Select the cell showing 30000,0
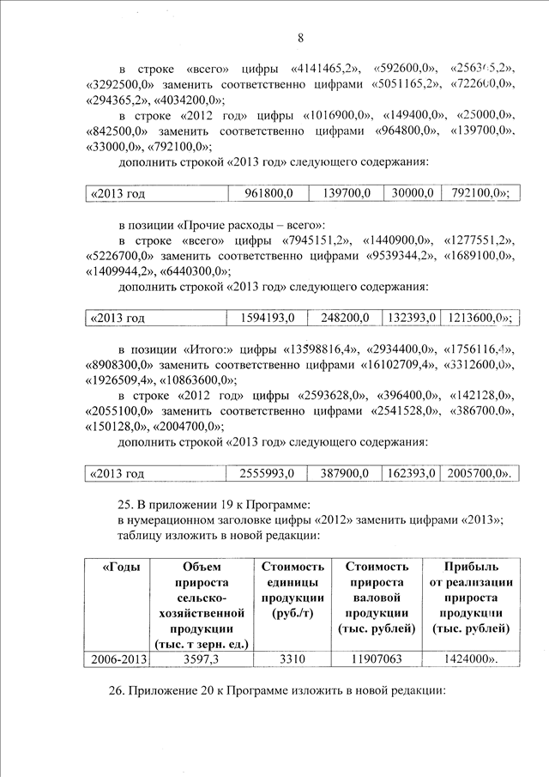click(x=411, y=194)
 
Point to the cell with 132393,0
click(x=411, y=319)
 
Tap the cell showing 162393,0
click(x=411, y=474)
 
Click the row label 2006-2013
click(x=117, y=659)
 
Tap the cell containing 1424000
click(x=470, y=659)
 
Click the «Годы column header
click(x=122, y=567)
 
